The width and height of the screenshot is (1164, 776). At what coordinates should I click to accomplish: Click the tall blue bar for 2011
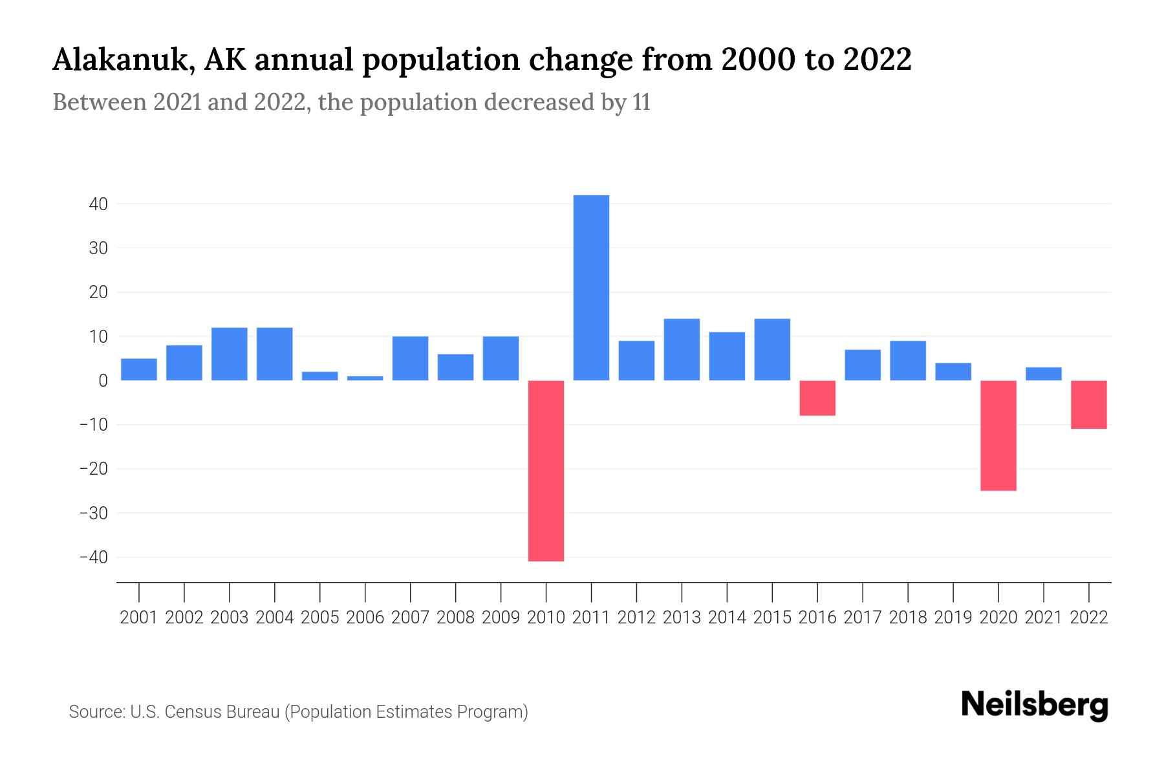[x=591, y=288]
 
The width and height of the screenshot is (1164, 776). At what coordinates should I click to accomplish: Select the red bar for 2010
[x=546, y=471]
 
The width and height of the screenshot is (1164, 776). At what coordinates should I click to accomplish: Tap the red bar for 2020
[x=998, y=435]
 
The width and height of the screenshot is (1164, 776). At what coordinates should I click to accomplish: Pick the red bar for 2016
[x=817, y=398]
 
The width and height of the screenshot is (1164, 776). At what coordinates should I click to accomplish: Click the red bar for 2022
[x=1089, y=404]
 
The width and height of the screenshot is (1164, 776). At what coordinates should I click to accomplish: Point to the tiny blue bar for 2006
[x=365, y=378]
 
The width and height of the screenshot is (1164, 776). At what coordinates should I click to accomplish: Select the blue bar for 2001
[x=139, y=369]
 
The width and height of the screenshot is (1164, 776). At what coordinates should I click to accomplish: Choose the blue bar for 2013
[x=682, y=349]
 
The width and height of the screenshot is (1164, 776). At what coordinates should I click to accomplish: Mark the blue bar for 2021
[x=1044, y=374]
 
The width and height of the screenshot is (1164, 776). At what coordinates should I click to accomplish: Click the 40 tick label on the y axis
[x=98, y=204]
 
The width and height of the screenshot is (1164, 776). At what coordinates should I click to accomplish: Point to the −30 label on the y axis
[x=93, y=513]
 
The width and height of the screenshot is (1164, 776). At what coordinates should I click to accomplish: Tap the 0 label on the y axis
[x=103, y=381]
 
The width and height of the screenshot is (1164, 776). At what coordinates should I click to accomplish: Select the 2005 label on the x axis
[x=320, y=618]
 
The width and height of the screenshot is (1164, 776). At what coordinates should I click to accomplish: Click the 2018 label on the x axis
[x=908, y=618]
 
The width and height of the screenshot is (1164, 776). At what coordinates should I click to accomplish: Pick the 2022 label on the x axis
[x=1089, y=618]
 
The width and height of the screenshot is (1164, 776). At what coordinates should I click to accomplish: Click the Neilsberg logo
[x=1035, y=705]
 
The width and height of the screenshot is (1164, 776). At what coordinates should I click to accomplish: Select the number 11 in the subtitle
[x=641, y=102]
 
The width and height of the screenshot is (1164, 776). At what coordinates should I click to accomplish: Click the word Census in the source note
[x=191, y=712]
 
